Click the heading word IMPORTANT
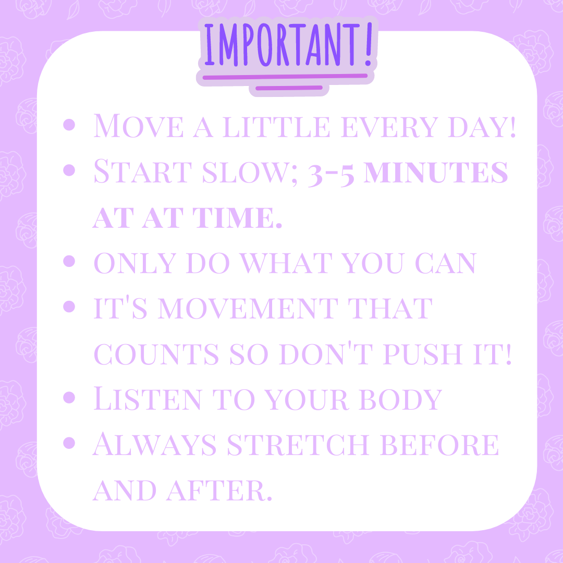tap(282, 44)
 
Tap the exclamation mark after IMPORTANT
tap(369, 44)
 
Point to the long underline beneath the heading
tap(285, 77)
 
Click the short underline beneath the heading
tap(289, 88)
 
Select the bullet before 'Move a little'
tap(69, 125)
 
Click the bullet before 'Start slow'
tap(69, 170)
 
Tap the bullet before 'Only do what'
tap(69, 261)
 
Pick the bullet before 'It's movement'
tap(69, 307)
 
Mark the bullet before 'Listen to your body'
tap(69, 397)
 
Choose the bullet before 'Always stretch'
tap(69, 443)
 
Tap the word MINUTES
tap(436, 172)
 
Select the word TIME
tap(237, 217)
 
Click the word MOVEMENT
tap(248, 309)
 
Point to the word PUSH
tap(422, 354)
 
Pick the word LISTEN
tap(147, 398)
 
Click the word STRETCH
tap(298, 445)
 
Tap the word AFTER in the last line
tap(219, 491)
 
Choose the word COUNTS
tap(156, 354)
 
